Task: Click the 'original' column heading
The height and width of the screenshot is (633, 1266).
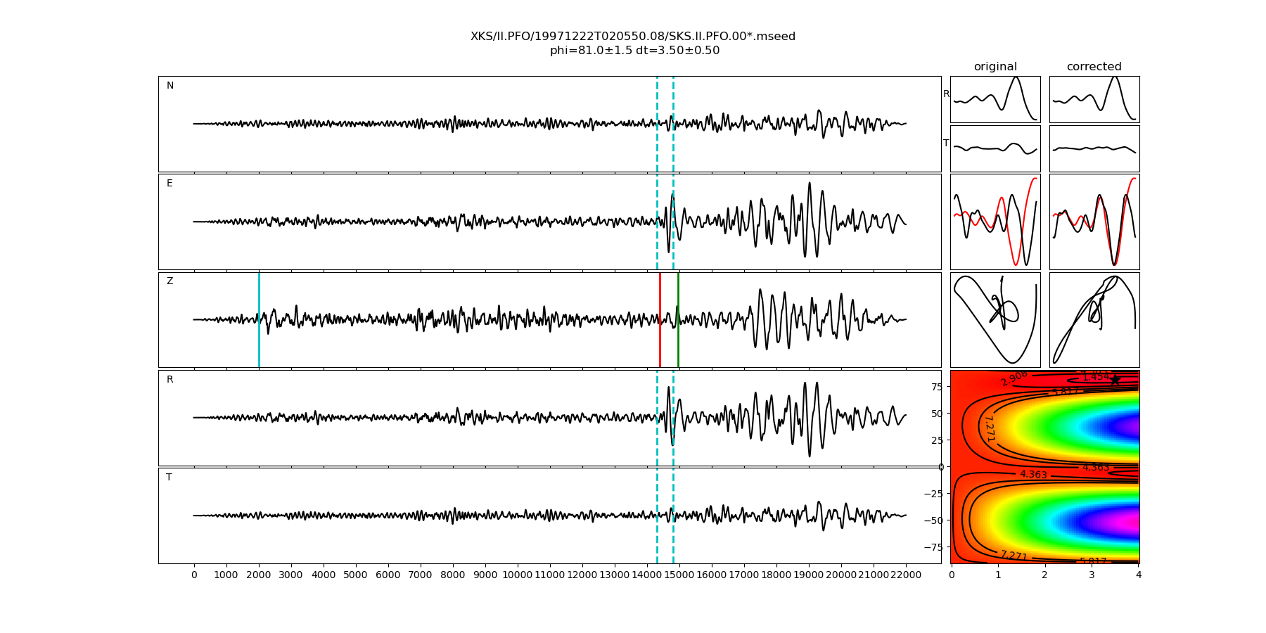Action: pyautogui.click(x=995, y=67)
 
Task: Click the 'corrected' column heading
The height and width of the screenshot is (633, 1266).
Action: pyautogui.click(x=1094, y=67)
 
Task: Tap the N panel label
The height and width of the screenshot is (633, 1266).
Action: pyautogui.click(x=170, y=86)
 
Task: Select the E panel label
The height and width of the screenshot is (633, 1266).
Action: pyautogui.click(x=170, y=184)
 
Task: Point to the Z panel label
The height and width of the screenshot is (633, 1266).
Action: pyautogui.click(x=170, y=281)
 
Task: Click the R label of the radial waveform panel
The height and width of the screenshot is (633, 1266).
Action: pyautogui.click(x=170, y=380)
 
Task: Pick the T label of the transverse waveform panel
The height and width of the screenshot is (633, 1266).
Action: pyautogui.click(x=169, y=478)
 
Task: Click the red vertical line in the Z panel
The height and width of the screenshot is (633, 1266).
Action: pyautogui.click(x=660, y=320)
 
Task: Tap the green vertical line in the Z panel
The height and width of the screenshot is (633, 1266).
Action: pyautogui.click(x=678, y=320)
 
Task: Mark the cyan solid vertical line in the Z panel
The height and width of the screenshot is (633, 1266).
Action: pyautogui.click(x=259, y=320)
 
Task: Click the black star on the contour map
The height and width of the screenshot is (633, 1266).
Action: pyautogui.click(x=1115, y=380)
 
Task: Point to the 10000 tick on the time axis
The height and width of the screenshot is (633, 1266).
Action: pyautogui.click(x=518, y=575)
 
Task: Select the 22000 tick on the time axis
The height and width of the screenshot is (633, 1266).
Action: pyautogui.click(x=906, y=575)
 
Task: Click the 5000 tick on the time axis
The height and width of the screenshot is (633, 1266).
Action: pyautogui.click(x=356, y=575)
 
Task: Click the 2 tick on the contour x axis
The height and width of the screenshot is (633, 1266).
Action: pyautogui.click(x=1044, y=575)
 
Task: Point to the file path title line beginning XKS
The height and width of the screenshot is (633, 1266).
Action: pyautogui.click(x=633, y=37)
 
